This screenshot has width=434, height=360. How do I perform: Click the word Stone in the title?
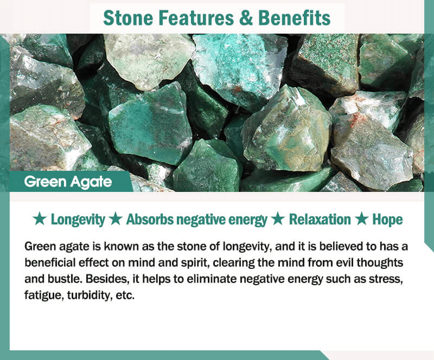coord(128,18)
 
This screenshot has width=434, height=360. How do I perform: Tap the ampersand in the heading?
coord(246,18)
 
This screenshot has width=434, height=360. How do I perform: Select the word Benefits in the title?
coord(294,18)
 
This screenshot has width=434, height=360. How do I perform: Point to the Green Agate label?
coord(68,182)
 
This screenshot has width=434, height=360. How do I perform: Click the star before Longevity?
coord(40,219)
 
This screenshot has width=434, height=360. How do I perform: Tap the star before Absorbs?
coord(116,219)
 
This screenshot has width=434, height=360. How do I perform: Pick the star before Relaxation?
coord(278,219)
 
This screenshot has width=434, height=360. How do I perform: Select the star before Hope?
coord(361,219)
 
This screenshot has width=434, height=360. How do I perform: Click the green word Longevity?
coord(78,220)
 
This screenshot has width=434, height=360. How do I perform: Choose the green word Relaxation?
coord(320,220)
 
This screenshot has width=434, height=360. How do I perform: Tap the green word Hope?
coord(387,220)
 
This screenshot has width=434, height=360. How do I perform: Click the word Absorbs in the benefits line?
coord(150,220)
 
